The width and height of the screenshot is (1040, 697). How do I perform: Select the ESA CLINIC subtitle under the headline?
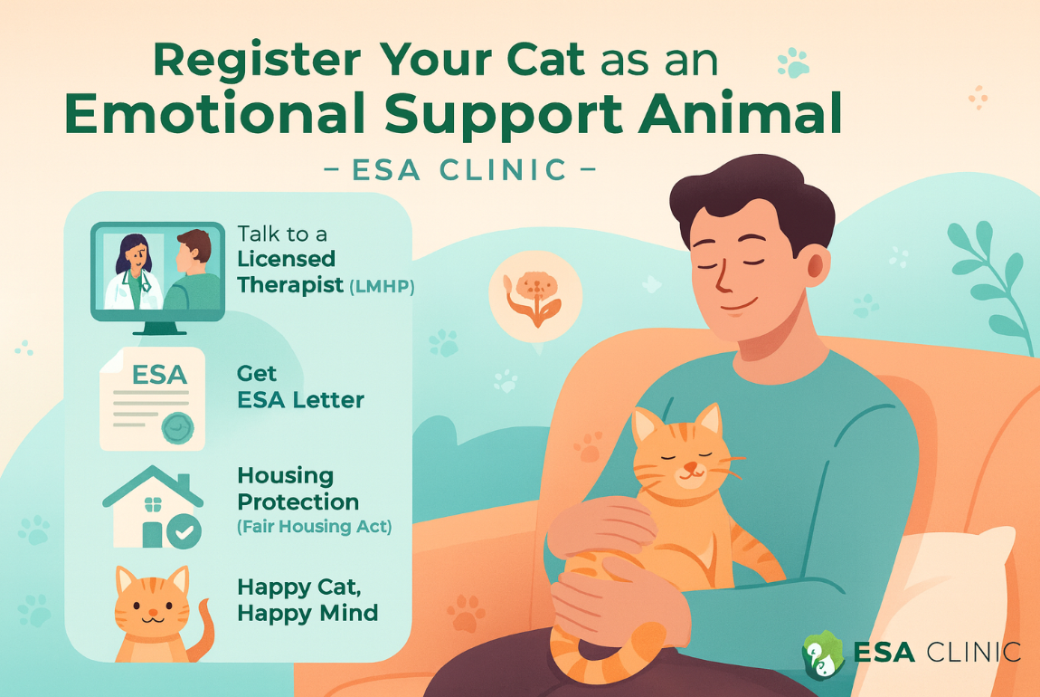[459, 169]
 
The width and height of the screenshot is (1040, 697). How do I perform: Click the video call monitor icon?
[157, 271]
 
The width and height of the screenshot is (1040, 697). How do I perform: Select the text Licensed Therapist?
[287, 272]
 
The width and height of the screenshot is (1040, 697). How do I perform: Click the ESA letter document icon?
[152, 398]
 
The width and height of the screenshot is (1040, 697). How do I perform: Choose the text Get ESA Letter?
[299, 387]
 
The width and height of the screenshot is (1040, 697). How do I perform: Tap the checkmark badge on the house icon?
[185, 532]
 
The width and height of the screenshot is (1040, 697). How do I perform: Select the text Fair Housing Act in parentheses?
[314, 527]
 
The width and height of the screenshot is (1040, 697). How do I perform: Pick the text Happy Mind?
[307, 613]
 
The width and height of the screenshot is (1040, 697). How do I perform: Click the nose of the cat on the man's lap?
[689, 468]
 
